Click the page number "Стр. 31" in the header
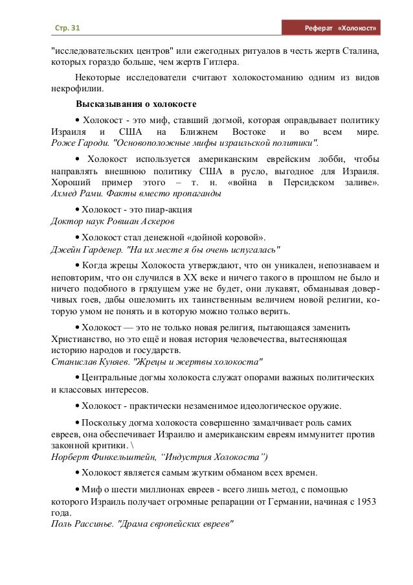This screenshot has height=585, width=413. click(x=63, y=29)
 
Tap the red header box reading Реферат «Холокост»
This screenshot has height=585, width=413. click(x=334, y=29)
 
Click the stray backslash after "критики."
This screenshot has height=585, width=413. click(x=134, y=446)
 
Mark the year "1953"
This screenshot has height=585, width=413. click(x=366, y=501)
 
